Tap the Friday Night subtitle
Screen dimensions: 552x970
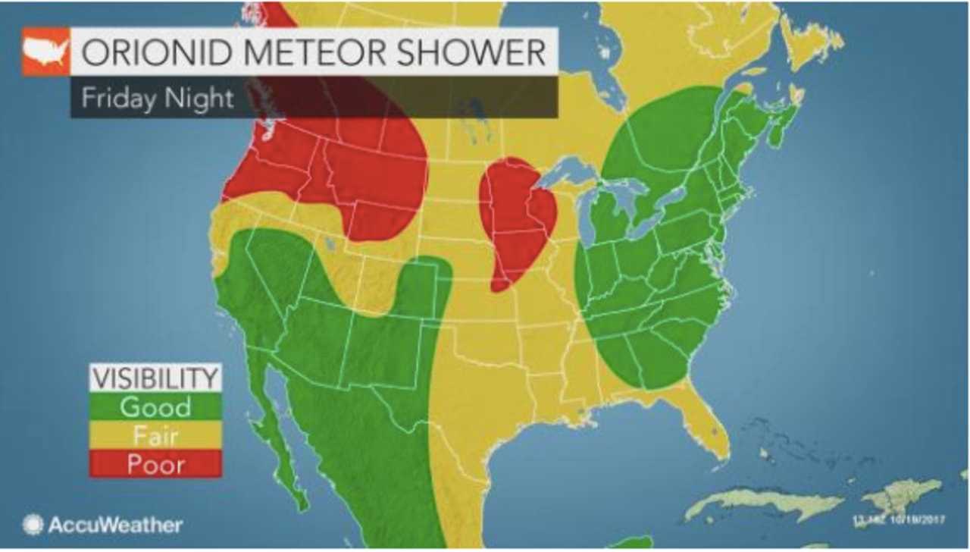(158, 98)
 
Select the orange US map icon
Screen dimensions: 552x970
(46, 52)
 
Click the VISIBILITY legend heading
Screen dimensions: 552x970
(155, 378)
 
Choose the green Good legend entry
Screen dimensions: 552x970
(155, 406)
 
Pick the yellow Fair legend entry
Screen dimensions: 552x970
(155, 435)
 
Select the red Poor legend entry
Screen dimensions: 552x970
(155, 463)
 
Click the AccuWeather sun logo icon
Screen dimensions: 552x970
(33, 524)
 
